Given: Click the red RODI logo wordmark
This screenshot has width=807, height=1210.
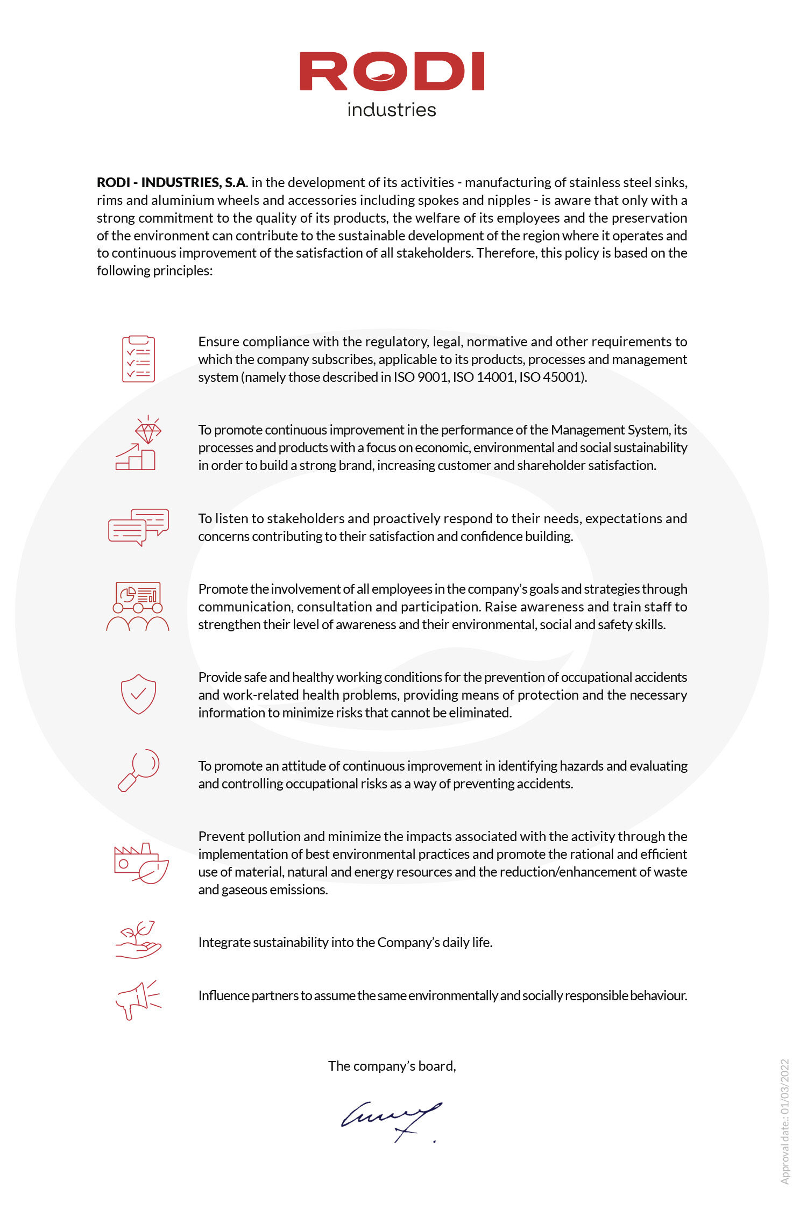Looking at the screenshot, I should (392, 71).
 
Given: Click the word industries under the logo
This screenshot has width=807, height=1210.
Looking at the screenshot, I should (392, 110).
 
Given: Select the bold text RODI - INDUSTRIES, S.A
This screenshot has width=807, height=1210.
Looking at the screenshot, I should (172, 182).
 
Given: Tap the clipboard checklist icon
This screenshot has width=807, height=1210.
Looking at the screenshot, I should (138, 359).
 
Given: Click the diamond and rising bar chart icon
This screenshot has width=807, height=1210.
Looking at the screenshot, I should (138, 443).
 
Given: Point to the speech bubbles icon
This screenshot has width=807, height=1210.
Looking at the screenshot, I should (138, 526).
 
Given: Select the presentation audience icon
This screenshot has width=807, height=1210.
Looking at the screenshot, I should (138, 606).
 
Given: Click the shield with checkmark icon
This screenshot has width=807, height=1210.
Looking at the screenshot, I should (138, 694).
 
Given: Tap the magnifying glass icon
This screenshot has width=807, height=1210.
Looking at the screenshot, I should (139, 770).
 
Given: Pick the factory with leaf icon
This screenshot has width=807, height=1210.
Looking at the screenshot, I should (141, 863).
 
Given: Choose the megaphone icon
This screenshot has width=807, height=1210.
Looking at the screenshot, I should (138, 1000).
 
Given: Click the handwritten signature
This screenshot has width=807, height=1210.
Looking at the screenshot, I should (391, 1120).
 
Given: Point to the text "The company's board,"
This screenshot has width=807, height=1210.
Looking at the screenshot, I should (392, 1066).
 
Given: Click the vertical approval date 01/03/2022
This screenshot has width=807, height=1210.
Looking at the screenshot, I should (785, 1121).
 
